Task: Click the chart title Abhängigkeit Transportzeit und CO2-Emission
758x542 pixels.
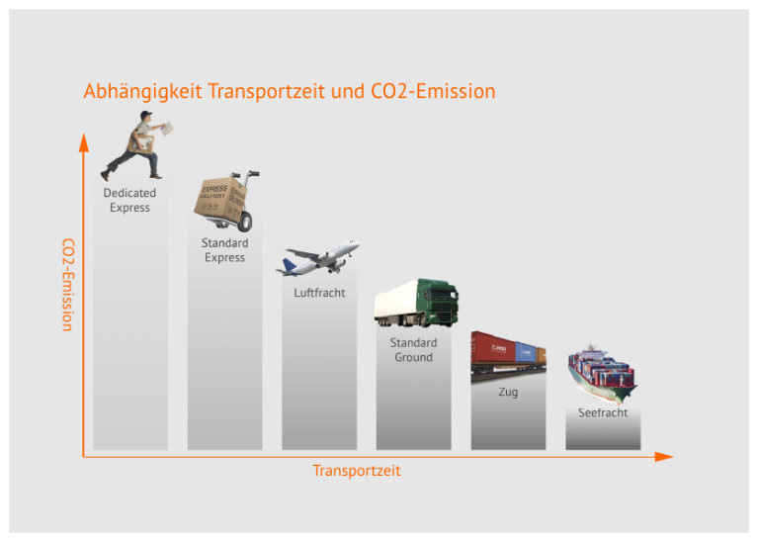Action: [290, 91]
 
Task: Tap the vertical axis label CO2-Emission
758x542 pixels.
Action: [68, 285]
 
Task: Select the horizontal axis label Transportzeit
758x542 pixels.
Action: [357, 471]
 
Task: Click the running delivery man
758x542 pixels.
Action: [135, 145]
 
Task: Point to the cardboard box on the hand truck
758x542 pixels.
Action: [220, 200]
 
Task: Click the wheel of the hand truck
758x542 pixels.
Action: [245, 222]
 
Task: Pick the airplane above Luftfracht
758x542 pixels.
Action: [317, 257]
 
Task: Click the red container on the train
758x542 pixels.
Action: [493, 348]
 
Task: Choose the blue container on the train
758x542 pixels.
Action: [526, 352]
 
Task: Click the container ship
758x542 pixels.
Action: [602, 374]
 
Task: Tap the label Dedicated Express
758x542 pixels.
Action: [129, 201]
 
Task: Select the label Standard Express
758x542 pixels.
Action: [224, 250]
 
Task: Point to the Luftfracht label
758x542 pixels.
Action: [319, 293]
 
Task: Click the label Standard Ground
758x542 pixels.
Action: [413, 350]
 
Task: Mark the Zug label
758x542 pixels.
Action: [508, 392]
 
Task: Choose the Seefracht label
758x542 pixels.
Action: [603, 412]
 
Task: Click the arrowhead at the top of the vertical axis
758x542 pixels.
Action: [84, 142]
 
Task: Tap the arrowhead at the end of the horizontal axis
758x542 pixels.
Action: [664, 456]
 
